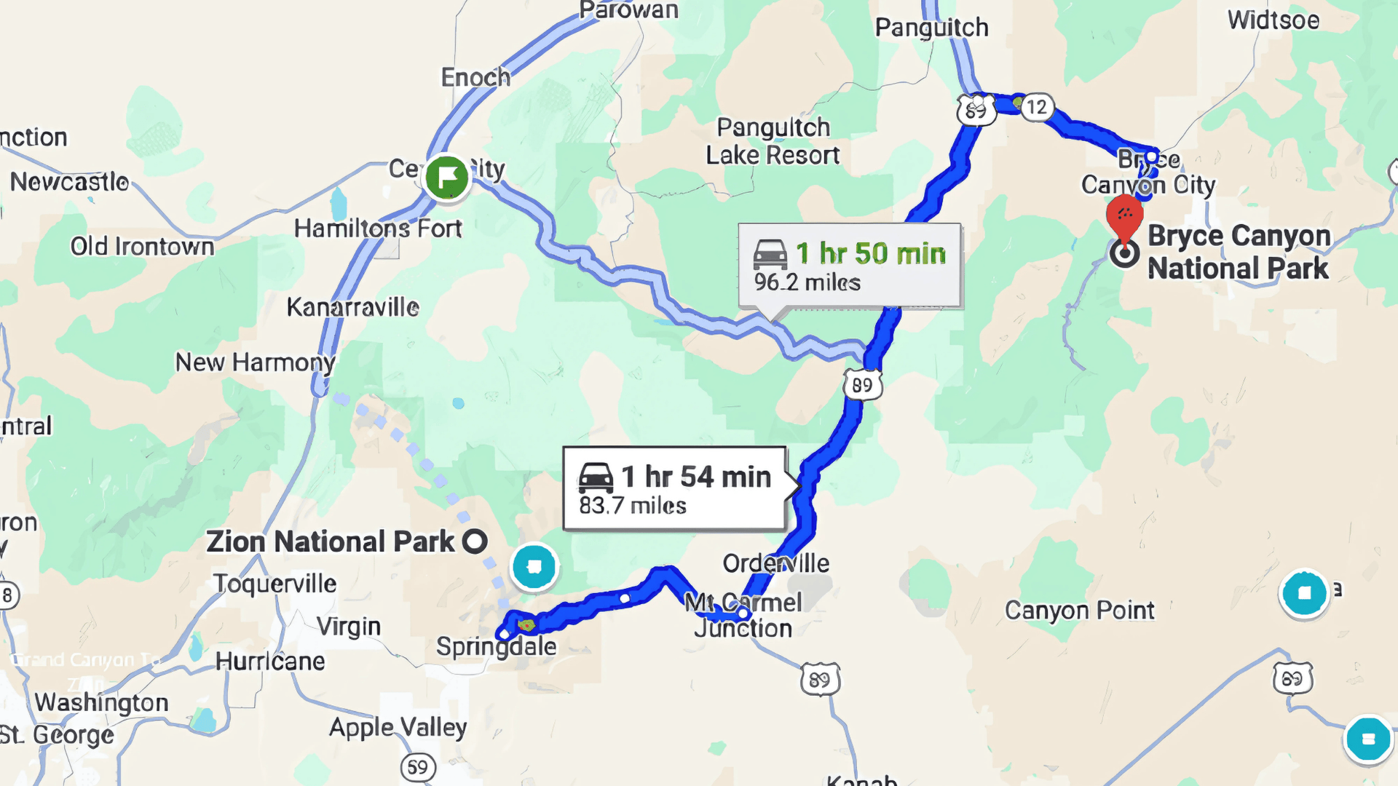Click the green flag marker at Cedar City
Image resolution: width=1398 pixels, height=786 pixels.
(446, 177)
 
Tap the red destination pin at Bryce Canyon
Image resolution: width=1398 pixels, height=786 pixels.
(1124, 215)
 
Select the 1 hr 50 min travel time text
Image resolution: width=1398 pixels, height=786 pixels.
(871, 254)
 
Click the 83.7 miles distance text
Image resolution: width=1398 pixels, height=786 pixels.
(633, 505)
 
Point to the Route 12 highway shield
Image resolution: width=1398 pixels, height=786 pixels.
(1036, 107)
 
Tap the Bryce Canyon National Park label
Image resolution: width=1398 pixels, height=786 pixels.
(1239, 252)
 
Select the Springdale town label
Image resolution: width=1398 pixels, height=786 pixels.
(496, 646)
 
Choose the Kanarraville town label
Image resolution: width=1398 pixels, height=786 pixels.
(352, 307)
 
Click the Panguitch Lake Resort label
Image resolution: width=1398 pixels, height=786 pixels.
(773, 141)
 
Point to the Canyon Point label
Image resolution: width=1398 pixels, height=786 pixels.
(1079, 610)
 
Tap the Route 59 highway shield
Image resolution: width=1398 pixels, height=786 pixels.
(417, 767)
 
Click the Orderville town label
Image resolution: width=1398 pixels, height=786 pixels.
(775, 563)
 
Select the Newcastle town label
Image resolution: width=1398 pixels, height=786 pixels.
(69, 181)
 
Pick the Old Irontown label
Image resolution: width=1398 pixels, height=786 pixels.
(142, 247)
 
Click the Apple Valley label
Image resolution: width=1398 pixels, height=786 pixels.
(398, 727)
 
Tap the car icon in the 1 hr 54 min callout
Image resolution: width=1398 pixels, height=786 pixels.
(596, 477)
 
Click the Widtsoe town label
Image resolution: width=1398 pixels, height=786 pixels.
(1273, 20)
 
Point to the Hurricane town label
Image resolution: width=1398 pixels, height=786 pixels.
(270, 661)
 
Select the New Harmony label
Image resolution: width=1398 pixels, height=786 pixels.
(255, 362)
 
